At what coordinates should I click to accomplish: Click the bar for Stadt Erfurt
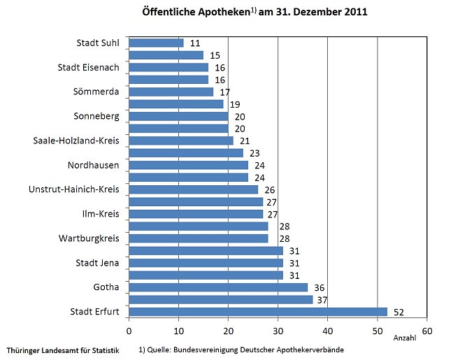(257, 312)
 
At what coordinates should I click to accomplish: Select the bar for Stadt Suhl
(156, 43)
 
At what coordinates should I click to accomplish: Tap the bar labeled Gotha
(217, 287)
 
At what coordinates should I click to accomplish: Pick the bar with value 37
(220, 299)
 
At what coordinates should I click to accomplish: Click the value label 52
(398, 312)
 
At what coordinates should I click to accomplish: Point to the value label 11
(195, 43)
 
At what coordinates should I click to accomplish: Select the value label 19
(235, 104)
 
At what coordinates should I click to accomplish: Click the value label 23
(254, 153)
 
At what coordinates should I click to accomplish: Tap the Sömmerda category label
(96, 92)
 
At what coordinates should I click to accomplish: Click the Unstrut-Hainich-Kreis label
(74, 189)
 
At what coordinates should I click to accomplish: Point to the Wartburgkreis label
(88, 238)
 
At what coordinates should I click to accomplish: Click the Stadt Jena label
(97, 263)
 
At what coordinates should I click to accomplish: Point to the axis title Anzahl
(404, 338)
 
